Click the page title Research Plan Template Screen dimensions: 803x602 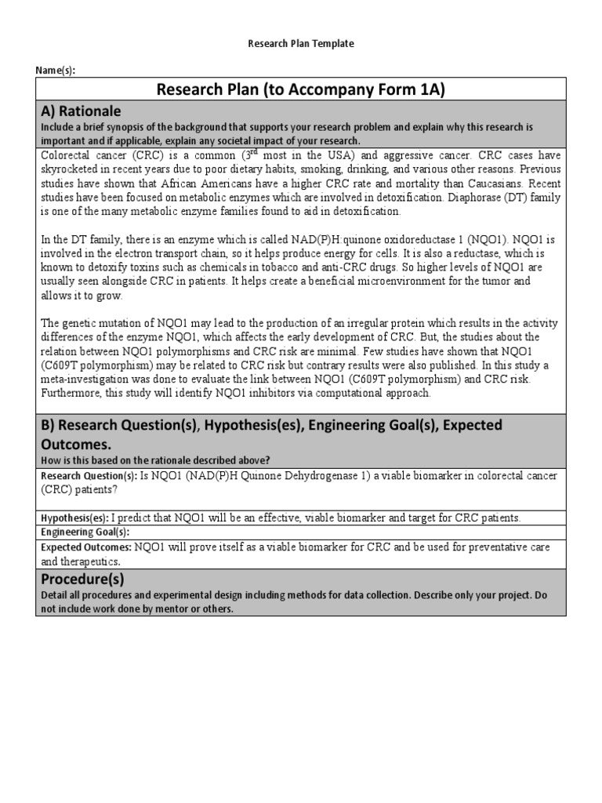coord(301,44)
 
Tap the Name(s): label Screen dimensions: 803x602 coord(56,70)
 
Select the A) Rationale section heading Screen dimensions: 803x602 coord(81,111)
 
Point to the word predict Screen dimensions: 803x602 coord(136,518)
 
